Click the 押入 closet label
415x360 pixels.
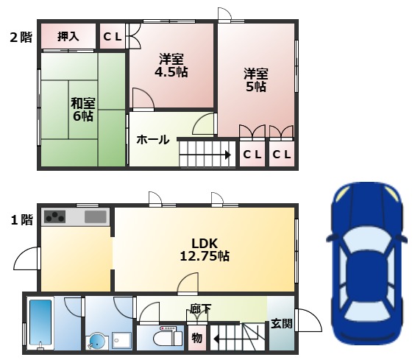point(68,36)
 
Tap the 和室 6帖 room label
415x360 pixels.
point(82,109)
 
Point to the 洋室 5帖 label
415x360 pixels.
point(256,80)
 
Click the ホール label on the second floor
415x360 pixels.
point(153,139)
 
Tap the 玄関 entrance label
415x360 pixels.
point(280,323)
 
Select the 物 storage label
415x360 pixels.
point(196,339)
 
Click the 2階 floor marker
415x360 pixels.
point(21,37)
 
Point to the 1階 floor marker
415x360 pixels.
point(21,219)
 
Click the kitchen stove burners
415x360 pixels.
point(55,216)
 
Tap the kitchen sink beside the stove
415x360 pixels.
point(96,216)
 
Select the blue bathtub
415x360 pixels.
point(40,322)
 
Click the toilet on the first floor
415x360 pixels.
point(165,338)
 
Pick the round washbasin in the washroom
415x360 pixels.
point(96,340)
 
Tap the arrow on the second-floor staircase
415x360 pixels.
point(227,155)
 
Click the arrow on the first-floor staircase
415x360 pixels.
point(219,339)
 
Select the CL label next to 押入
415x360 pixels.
point(112,36)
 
